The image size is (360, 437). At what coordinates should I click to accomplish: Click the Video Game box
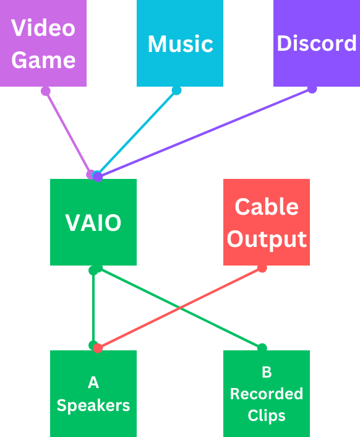[43, 43]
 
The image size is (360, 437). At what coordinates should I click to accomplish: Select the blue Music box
[180, 43]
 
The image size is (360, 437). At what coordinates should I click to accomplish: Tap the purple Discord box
[316, 43]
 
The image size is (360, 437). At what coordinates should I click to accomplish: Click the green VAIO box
[93, 222]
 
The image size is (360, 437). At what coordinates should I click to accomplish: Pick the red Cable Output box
[267, 222]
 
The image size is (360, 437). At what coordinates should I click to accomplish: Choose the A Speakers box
[93, 394]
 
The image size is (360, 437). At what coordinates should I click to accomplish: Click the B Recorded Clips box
[267, 394]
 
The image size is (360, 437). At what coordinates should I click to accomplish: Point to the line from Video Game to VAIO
[68, 132]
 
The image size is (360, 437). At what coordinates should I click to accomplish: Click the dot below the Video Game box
[45, 91]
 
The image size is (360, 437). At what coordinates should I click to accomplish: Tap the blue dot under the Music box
[176, 91]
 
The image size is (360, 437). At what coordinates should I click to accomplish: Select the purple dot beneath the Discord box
[312, 89]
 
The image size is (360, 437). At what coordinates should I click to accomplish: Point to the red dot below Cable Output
[262, 268]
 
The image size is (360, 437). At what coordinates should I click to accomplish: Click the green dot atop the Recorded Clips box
[262, 347]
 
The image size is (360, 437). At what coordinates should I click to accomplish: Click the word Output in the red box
[267, 239]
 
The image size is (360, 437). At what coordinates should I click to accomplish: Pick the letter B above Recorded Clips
[267, 372]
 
